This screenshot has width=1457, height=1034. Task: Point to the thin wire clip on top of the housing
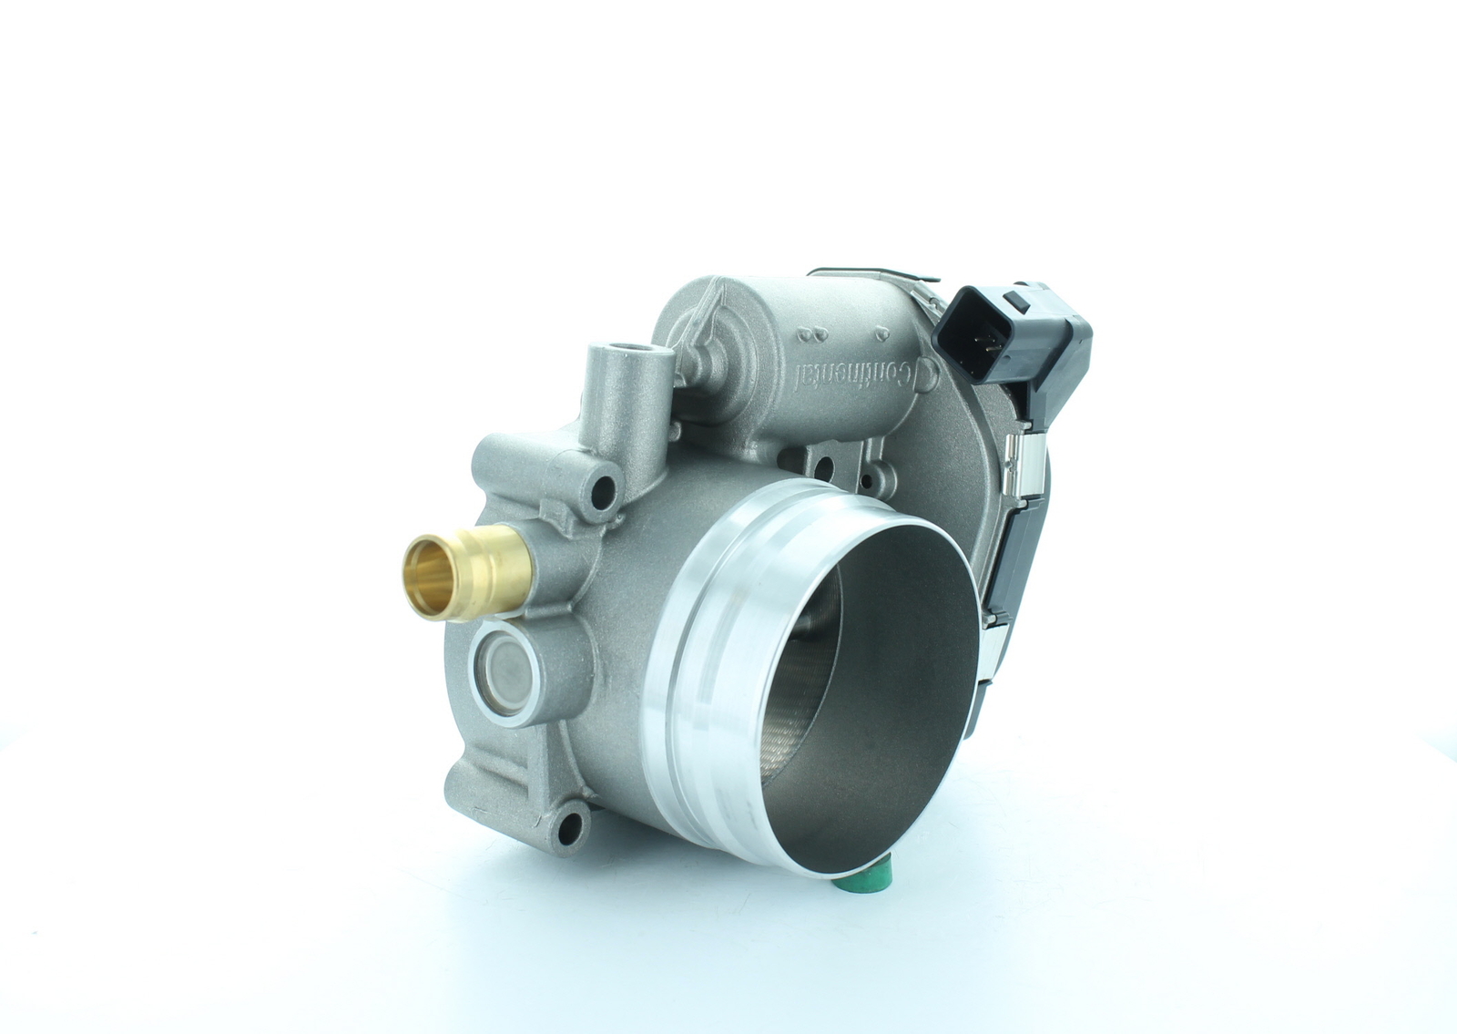tap(874, 273)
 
